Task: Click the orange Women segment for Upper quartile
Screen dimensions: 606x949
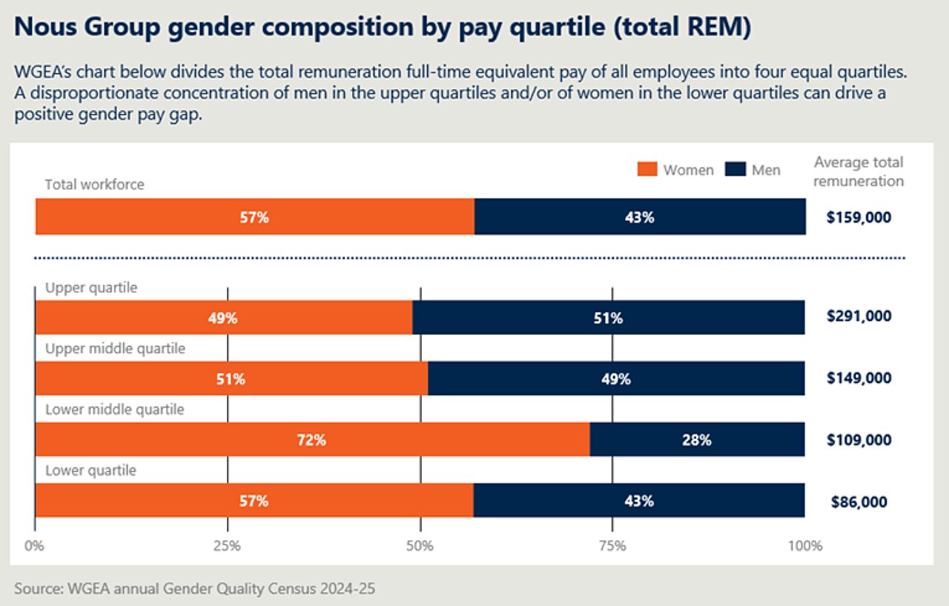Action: (x=223, y=318)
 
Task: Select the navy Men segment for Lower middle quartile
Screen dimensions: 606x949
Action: (x=697, y=440)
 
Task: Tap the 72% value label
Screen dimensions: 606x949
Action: (x=311, y=440)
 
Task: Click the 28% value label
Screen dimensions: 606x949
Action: (x=697, y=440)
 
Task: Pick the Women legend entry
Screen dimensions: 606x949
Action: (x=675, y=170)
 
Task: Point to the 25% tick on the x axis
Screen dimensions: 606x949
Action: (x=227, y=547)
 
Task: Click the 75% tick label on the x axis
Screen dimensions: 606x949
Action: (x=612, y=547)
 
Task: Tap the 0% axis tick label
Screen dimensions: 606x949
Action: (x=35, y=547)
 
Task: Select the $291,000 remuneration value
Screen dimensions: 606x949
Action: (x=859, y=316)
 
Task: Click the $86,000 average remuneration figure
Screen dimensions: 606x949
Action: (x=859, y=502)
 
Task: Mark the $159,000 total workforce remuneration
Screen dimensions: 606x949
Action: (x=859, y=218)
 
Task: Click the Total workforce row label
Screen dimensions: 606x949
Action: (x=94, y=184)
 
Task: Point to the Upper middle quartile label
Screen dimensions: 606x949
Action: (x=115, y=348)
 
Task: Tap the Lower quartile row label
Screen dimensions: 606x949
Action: (x=90, y=470)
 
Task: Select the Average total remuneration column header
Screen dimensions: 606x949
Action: (x=859, y=172)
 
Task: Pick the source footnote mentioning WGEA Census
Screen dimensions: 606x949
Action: (x=195, y=590)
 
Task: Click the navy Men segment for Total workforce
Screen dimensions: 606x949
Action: (x=639, y=217)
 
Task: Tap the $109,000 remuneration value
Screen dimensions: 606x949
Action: (x=859, y=440)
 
